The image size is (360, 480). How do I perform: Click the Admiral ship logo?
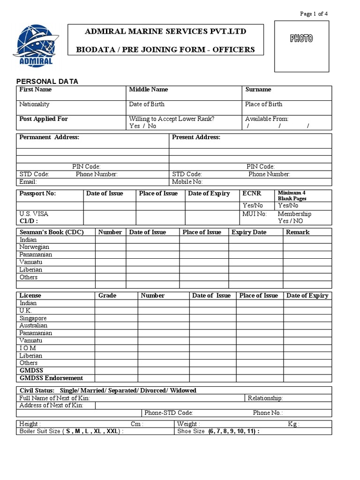click(x=36, y=45)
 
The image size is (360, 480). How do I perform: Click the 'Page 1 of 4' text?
click(x=314, y=14)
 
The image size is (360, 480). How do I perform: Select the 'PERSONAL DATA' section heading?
click(x=47, y=82)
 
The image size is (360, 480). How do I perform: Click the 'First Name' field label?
click(x=35, y=90)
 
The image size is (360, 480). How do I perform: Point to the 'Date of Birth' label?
click(x=147, y=104)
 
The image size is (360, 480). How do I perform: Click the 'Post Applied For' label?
click(x=44, y=119)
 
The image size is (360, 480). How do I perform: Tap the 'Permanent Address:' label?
click(x=49, y=137)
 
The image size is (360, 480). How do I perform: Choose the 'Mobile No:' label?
click(x=187, y=181)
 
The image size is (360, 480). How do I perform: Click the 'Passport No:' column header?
click(x=37, y=194)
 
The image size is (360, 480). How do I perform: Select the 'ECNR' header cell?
click(x=252, y=194)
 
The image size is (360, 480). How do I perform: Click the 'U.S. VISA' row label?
click(x=34, y=214)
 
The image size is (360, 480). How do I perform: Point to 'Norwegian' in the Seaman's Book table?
click(x=34, y=247)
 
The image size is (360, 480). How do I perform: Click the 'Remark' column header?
click(x=298, y=232)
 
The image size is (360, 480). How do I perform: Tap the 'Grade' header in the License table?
click(x=107, y=296)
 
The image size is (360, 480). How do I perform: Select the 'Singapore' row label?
click(x=33, y=318)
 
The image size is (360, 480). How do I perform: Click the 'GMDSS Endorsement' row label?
click(x=51, y=378)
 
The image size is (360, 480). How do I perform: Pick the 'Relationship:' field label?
click(x=265, y=398)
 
